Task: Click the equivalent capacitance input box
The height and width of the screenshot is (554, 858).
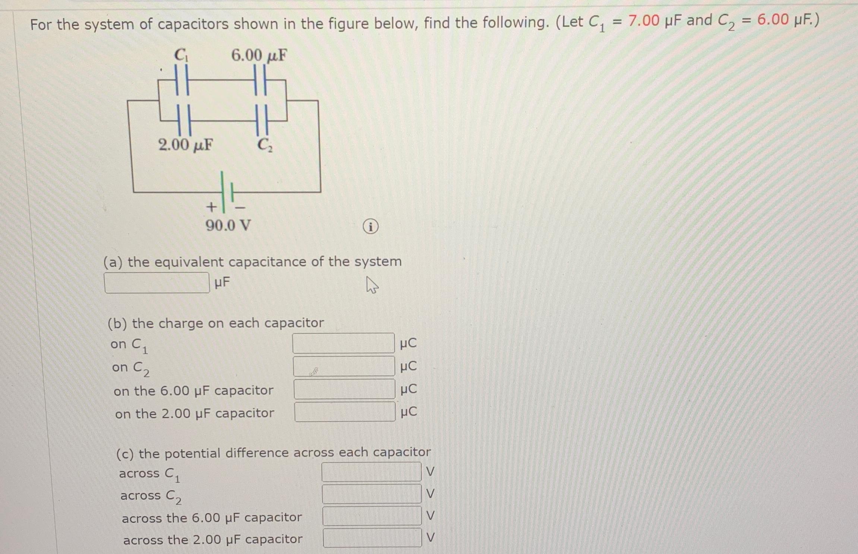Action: click(157, 283)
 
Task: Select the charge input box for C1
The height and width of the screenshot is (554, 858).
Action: click(343, 343)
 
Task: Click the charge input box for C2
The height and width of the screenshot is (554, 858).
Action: click(344, 366)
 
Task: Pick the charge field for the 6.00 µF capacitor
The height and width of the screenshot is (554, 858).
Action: click(344, 389)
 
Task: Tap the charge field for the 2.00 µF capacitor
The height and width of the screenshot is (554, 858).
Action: click(345, 412)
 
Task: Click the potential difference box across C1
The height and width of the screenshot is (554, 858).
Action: click(371, 472)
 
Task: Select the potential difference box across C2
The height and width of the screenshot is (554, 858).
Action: click(372, 494)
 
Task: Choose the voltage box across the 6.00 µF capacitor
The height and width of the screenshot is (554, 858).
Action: click(372, 516)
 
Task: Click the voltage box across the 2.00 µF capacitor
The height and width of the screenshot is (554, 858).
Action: click(372, 538)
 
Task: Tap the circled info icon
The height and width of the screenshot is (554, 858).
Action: click(370, 227)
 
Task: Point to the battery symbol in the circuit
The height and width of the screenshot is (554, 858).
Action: click(227, 192)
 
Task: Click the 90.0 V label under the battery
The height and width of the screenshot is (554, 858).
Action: click(228, 225)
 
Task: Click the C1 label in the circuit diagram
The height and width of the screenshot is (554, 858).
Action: click(182, 55)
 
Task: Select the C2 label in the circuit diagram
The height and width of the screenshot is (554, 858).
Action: click(265, 145)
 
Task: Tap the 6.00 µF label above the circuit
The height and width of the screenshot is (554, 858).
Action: click(259, 56)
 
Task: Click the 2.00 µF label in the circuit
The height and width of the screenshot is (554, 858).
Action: click(185, 145)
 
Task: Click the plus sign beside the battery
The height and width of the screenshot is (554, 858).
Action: click(211, 206)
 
